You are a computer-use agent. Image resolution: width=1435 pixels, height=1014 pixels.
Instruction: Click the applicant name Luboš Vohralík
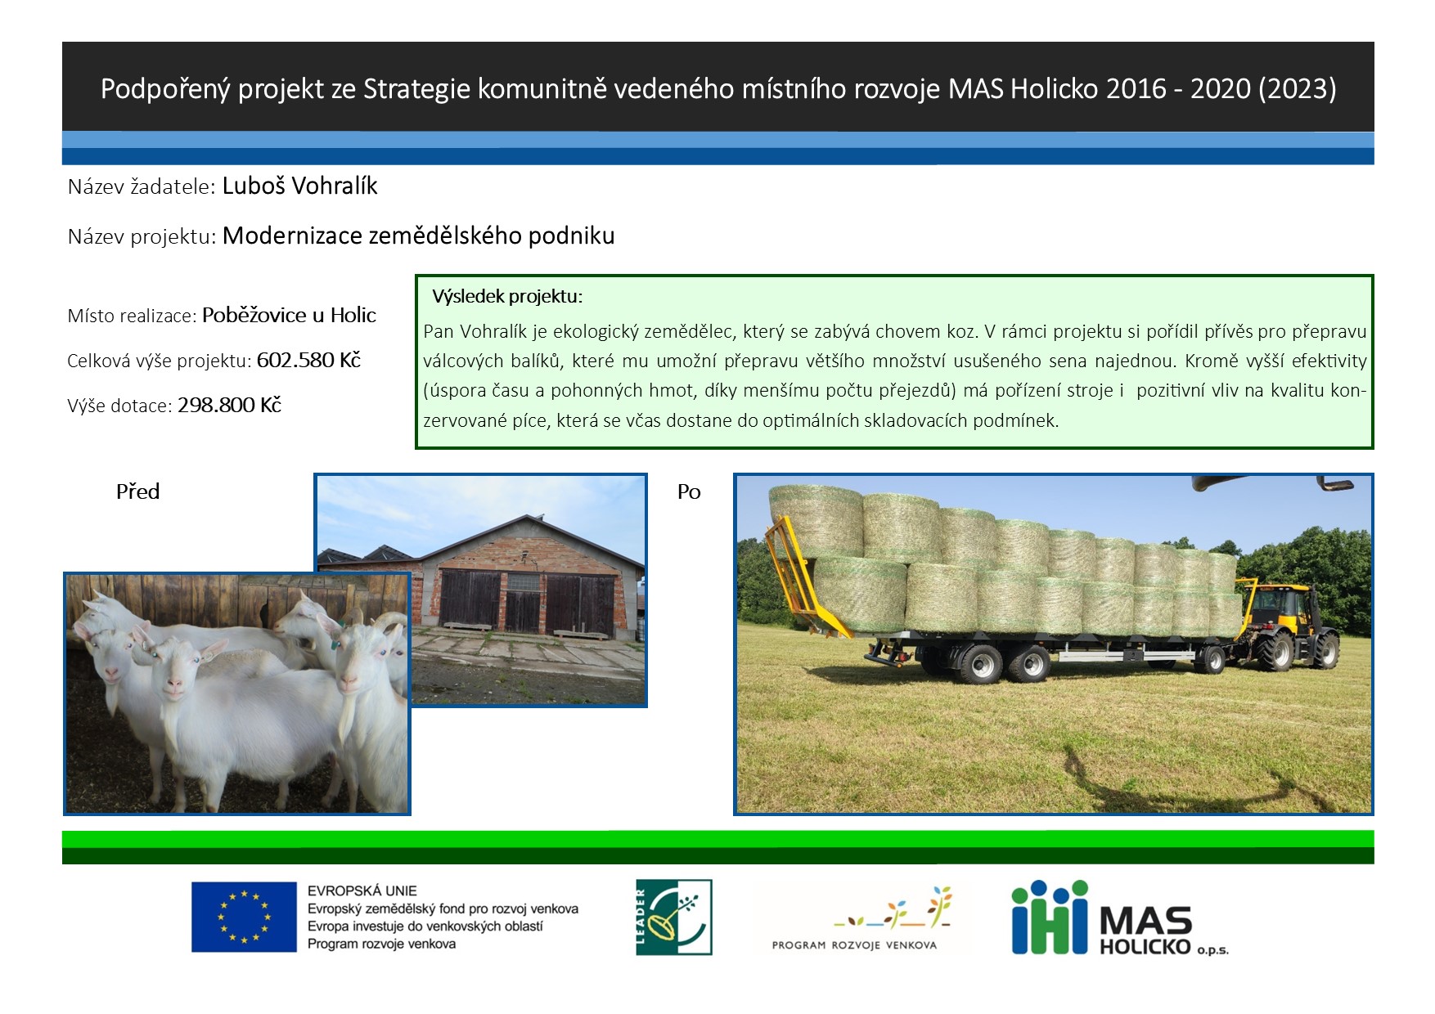[x=299, y=186]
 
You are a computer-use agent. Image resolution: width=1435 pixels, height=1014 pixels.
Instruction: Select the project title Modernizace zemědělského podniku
[x=418, y=236]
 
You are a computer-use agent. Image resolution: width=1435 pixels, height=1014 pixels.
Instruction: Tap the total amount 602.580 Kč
[x=308, y=361]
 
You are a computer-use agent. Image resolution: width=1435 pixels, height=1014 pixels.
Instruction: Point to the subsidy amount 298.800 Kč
[x=229, y=405]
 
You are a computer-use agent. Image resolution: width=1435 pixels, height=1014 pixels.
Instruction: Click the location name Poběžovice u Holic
[x=289, y=315]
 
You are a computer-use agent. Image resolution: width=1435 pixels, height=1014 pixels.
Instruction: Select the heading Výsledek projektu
[x=507, y=296]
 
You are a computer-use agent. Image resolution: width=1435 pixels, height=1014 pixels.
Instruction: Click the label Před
[x=137, y=491]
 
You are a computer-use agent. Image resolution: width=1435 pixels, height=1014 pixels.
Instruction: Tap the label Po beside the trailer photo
[x=689, y=491]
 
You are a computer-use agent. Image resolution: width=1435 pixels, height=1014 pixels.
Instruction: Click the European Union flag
[x=244, y=917]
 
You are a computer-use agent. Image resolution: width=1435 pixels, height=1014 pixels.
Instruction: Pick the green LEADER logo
[x=674, y=917]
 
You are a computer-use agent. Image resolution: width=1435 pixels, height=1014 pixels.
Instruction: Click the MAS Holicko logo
[x=1120, y=918]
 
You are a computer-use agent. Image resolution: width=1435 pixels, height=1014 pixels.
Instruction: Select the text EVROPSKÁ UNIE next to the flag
[x=362, y=891]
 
